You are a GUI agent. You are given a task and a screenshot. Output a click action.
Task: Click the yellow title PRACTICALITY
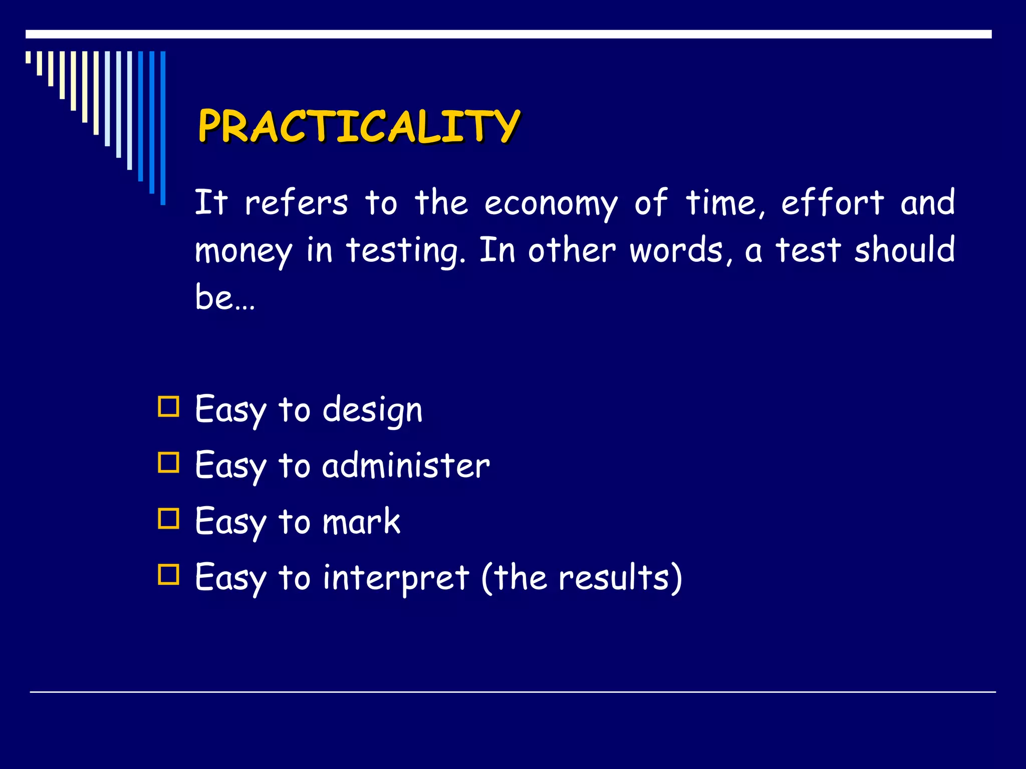(x=359, y=126)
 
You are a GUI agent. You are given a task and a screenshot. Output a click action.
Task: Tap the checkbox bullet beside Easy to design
(x=168, y=407)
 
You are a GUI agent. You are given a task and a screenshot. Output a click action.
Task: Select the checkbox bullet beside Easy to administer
(x=168, y=463)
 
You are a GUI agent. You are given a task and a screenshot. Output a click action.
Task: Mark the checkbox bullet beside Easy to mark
(x=168, y=519)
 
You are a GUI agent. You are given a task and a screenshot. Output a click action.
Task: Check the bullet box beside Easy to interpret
(x=168, y=575)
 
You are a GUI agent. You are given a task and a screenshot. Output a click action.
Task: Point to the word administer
(x=406, y=466)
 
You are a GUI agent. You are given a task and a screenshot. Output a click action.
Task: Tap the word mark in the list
(x=361, y=522)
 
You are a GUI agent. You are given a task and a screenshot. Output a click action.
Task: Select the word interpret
(x=396, y=578)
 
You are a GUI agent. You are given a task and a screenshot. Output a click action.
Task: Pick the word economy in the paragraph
(x=551, y=204)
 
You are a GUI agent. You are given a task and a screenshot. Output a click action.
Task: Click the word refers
(x=296, y=203)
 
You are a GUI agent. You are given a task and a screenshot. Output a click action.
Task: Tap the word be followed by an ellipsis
(x=214, y=296)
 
